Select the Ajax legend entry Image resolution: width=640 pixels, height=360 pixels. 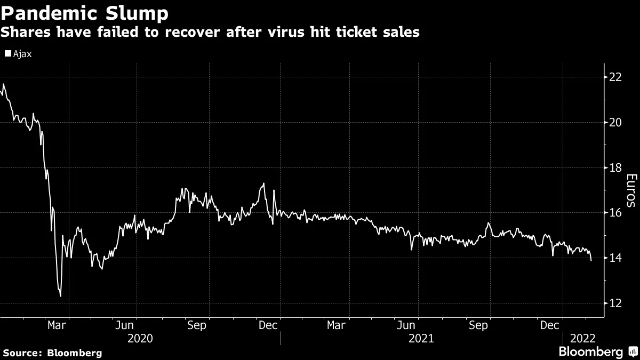coord(19,54)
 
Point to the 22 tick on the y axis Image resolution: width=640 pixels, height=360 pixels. coord(615,77)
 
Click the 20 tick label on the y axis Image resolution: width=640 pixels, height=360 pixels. coord(615,123)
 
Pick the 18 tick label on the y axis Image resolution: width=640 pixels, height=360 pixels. coord(615,168)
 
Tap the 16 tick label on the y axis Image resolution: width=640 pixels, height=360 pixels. coord(615,213)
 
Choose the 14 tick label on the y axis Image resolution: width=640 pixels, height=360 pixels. coord(615,258)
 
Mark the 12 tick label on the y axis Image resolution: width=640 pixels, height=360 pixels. coord(615,303)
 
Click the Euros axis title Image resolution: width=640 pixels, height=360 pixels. coord(630,190)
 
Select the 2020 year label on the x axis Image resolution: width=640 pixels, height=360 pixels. coord(140,338)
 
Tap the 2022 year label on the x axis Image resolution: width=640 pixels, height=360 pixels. coord(583,338)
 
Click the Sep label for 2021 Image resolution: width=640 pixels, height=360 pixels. coord(478,325)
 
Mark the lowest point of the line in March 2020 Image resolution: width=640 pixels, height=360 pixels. coord(60,296)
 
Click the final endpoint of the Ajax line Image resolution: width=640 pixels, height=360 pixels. coord(591,260)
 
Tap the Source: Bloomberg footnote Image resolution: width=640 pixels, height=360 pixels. coord(52,353)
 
